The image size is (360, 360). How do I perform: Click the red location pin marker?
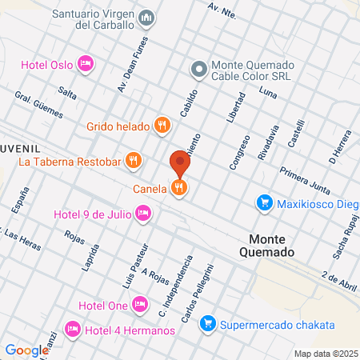(179, 164)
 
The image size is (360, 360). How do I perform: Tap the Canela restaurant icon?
(179, 188)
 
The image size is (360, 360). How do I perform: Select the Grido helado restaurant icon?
(162, 125)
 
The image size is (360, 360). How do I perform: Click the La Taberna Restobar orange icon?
(134, 162)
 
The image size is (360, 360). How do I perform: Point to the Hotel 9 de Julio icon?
(142, 213)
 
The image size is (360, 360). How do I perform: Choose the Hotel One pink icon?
(139, 304)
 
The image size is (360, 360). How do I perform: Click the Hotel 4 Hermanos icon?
(73, 329)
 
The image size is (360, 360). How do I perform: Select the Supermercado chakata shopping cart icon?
(207, 324)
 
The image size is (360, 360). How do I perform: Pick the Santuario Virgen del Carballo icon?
(146, 18)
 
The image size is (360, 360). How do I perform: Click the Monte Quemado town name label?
(272, 245)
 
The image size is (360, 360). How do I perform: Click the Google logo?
(26, 350)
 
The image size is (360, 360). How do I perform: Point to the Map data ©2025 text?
(325, 354)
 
